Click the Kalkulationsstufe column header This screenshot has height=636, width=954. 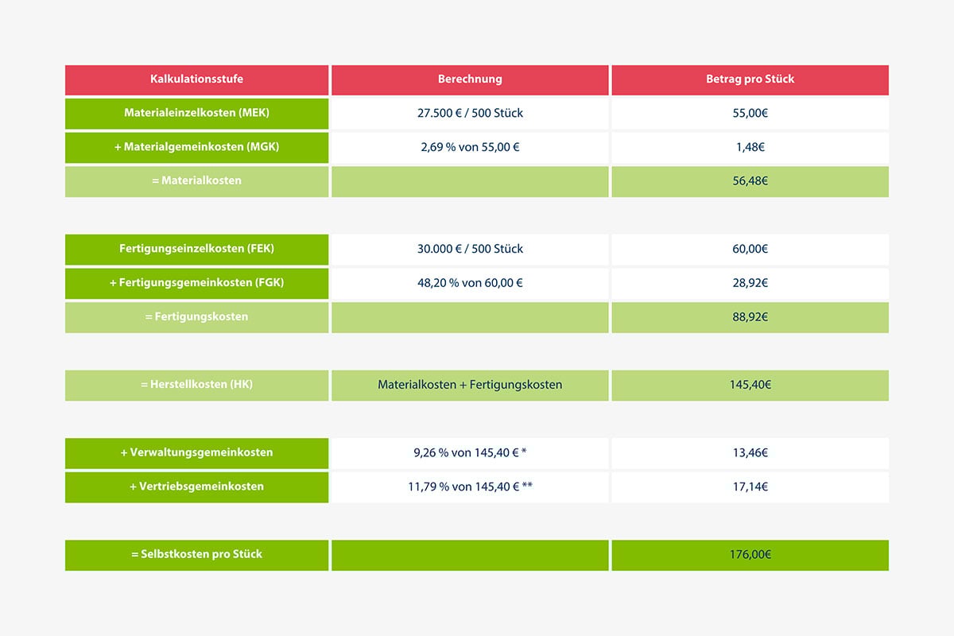(x=196, y=79)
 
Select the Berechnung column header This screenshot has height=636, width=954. (x=470, y=79)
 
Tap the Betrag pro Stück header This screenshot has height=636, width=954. (x=750, y=79)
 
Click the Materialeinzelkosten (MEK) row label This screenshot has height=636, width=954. (x=196, y=113)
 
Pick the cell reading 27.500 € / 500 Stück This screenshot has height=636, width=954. (x=470, y=113)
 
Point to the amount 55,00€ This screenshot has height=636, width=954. (x=750, y=113)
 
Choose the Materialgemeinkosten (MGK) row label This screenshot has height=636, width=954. (x=196, y=147)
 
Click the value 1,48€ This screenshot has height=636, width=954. (x=750, y=147)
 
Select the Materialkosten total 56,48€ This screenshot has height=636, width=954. (x=750, y=181)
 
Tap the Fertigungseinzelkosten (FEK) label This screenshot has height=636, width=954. (x=196, y=249)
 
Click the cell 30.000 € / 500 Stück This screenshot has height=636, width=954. (x=470, y=249)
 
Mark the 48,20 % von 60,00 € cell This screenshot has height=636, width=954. (x=470, y=283)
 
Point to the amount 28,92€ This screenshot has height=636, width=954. (x=750, y=283)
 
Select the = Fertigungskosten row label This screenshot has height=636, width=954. (x=196, y=317)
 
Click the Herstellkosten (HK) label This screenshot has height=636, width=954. (x=196, y=385)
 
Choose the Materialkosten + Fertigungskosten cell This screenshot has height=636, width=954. (x=470, y=385)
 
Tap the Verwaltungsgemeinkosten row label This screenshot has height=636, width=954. (x=196, y=453)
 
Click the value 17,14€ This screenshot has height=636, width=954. (x=750, y=487)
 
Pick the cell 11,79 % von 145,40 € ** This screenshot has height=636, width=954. (x=470, y=487)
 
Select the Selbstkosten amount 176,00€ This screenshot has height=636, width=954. (x=750, y=555)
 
